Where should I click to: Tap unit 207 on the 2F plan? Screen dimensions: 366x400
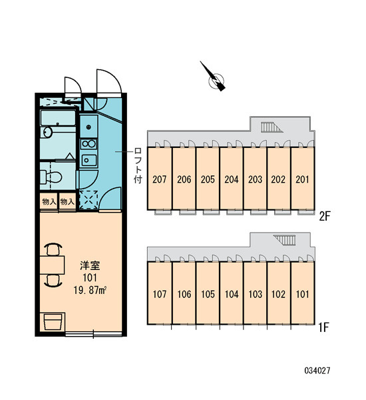point(160,179)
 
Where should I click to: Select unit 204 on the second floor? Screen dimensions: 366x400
point(232,179)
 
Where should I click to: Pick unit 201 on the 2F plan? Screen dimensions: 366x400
point(302,179)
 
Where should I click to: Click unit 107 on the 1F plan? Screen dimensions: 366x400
point(160,293)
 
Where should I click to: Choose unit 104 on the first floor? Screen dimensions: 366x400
point(232,293)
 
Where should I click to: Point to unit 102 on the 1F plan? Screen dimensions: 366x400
point(279,293)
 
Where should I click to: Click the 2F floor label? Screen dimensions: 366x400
point(325,217)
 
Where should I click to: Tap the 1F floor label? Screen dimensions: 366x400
point(324,327)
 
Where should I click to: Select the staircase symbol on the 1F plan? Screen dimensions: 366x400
point(285,240)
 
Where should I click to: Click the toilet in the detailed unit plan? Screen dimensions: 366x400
point(51,177)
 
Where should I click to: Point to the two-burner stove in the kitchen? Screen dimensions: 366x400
point(89,144)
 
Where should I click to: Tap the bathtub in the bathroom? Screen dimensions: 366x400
point(58,117)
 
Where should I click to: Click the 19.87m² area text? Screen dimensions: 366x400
point(90,290)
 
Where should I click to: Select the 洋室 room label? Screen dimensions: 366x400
point(90,265)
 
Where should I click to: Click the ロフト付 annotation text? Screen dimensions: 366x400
point(138,165)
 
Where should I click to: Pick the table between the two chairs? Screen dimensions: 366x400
point(52,265)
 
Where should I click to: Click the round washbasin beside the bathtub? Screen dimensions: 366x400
point(47,132)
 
